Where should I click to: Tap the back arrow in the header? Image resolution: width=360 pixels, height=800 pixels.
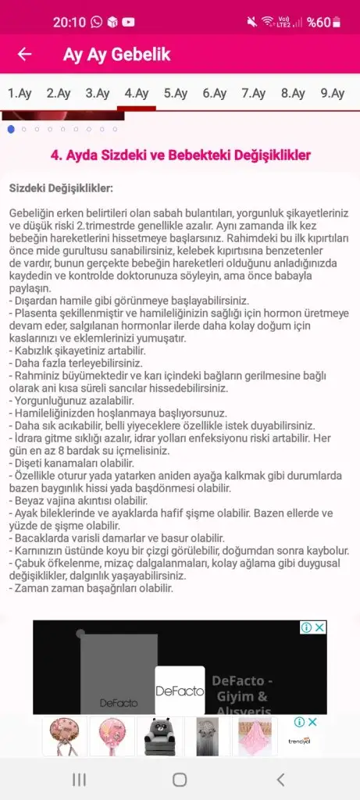(x=25, y=55)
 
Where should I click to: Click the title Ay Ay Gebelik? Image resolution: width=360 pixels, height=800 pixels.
(x=116, y=55)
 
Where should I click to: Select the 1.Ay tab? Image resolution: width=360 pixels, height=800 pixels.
(x=20, y=94)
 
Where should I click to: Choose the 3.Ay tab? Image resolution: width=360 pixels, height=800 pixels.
(x=98, y=94)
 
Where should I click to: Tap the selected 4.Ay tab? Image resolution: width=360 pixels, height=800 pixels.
(x=137, y=94)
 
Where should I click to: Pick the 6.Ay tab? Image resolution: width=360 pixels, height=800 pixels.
(x=215, y=94)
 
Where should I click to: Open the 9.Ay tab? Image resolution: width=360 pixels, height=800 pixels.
(x=332, y=94)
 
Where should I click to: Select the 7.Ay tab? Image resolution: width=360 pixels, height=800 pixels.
(x=254, y=94)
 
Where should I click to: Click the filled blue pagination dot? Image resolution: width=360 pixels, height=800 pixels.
(x=11, y=129)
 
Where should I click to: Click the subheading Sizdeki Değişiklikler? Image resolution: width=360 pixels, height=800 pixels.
(x=61, y=188)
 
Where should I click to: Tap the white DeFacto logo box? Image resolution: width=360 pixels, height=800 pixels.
(x=180, y=691)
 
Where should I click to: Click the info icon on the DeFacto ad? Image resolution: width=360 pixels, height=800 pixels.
(x=307, y=627)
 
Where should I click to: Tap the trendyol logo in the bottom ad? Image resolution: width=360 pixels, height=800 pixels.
(x=299, y=741)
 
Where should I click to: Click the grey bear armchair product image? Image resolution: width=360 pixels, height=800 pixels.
(x=160, y=736)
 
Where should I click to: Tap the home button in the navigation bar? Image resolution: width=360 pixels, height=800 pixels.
(x=180, y=779)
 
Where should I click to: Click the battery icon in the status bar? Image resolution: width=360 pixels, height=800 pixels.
(x=337, y=23)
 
